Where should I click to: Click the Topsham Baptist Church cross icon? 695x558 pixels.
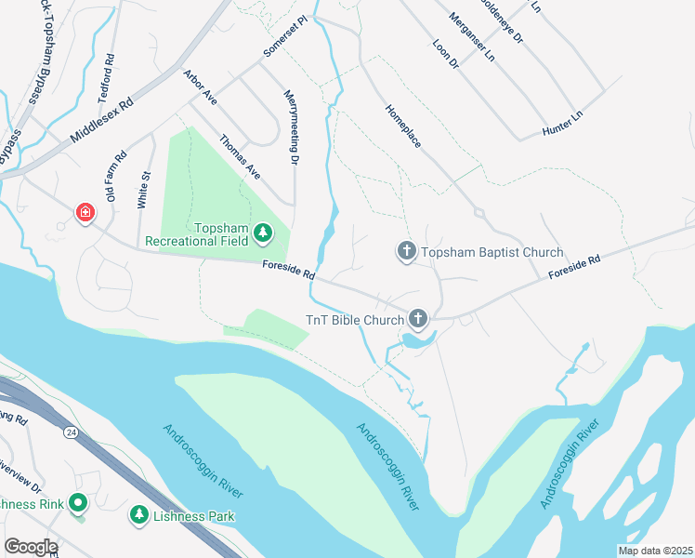(406, 251)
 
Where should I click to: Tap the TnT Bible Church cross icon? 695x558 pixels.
(418, 320)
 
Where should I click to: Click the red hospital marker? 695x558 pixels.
(85, 213)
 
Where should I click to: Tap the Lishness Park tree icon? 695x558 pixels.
(139, 514)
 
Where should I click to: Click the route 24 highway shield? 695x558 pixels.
(71, 432)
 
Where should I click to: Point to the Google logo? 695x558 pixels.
(30, 547)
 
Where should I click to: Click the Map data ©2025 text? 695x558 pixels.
(655, 551)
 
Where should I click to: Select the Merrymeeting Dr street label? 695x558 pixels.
(292, 128)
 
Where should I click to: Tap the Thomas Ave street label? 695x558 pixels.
(240, 157)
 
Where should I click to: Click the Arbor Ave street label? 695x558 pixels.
(200, 86)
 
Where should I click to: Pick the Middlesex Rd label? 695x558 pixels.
(102, 121)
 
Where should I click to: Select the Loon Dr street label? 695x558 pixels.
(446, 54)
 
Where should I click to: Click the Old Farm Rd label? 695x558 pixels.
(115, 177)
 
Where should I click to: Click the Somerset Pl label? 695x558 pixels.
(285, 35)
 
